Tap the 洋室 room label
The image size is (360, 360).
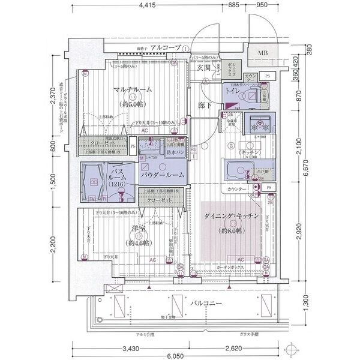point(139,229)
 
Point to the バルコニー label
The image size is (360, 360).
point(207,304)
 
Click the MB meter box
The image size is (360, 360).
point(263,53)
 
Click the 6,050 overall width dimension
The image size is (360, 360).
point(180,354)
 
